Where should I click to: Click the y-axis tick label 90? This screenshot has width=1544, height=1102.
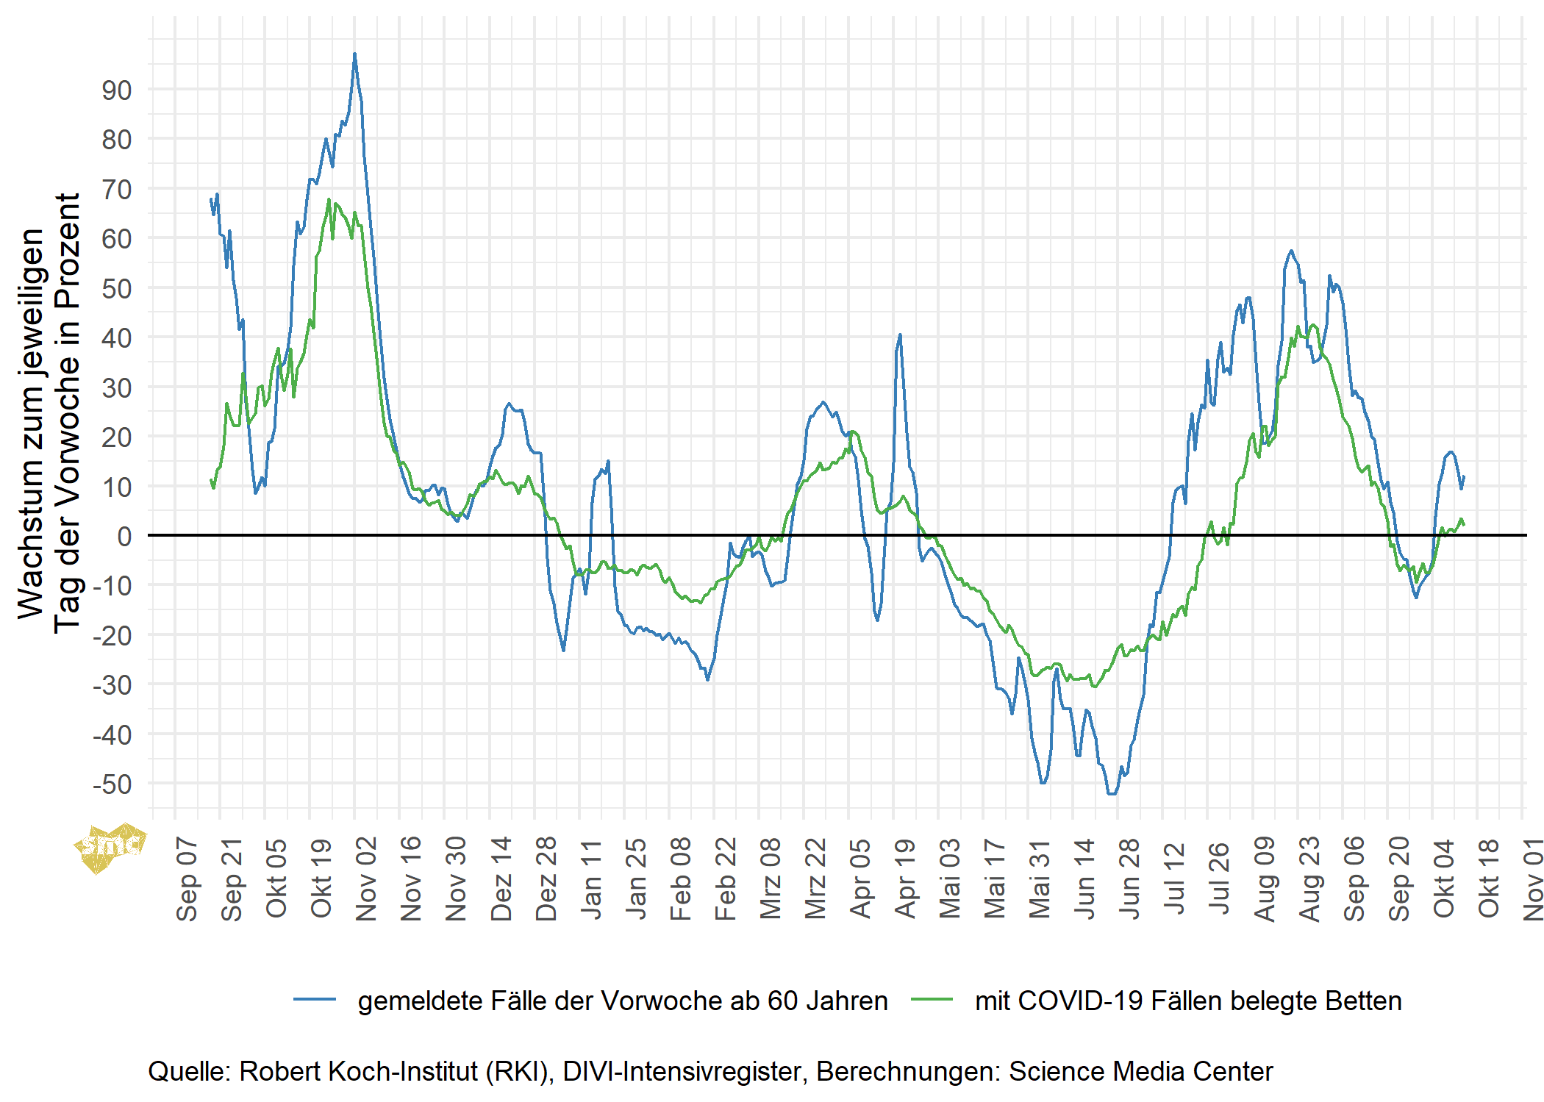pyautogui.click(x=117, y=90)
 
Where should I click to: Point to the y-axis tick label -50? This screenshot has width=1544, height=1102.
pyautogui.click(x=112, y=784)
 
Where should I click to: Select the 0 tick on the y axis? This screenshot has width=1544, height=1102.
pyautogui.click(x=125, y=537)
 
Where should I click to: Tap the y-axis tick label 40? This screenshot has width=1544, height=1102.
pyautogui.click(x=117, y=338)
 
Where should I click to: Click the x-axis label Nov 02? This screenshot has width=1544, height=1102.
pyautogui.click(x=366, y=879)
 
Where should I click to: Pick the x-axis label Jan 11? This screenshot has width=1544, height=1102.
pyautogui.click(x=591, y=879)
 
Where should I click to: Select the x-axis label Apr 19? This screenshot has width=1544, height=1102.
pyautogui.click(x=905, y=879)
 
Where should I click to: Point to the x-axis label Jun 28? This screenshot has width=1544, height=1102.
pyautogui.click(x=1129, y=879)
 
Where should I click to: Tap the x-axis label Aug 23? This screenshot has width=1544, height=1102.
pyautogui.click(x=1309, y=879)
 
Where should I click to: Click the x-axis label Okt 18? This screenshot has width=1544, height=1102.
pyautogui.click(x=1488, y=879)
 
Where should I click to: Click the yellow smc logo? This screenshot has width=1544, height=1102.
pyautogui.click(x=110, y=848)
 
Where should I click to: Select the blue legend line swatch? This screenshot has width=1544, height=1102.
pyautogui.click(x=315, y=1000)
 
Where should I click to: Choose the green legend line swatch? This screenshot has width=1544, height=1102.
pyautogui.click(x=932, y=1000)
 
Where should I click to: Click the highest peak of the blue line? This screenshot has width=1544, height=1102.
pyautogui.click(x=354, y=54)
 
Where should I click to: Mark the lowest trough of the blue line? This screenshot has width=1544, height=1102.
pyautogui.click(x=1111, y=793)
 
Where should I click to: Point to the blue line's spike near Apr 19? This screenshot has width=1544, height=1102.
pyautogui.click(x=900, y=335)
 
